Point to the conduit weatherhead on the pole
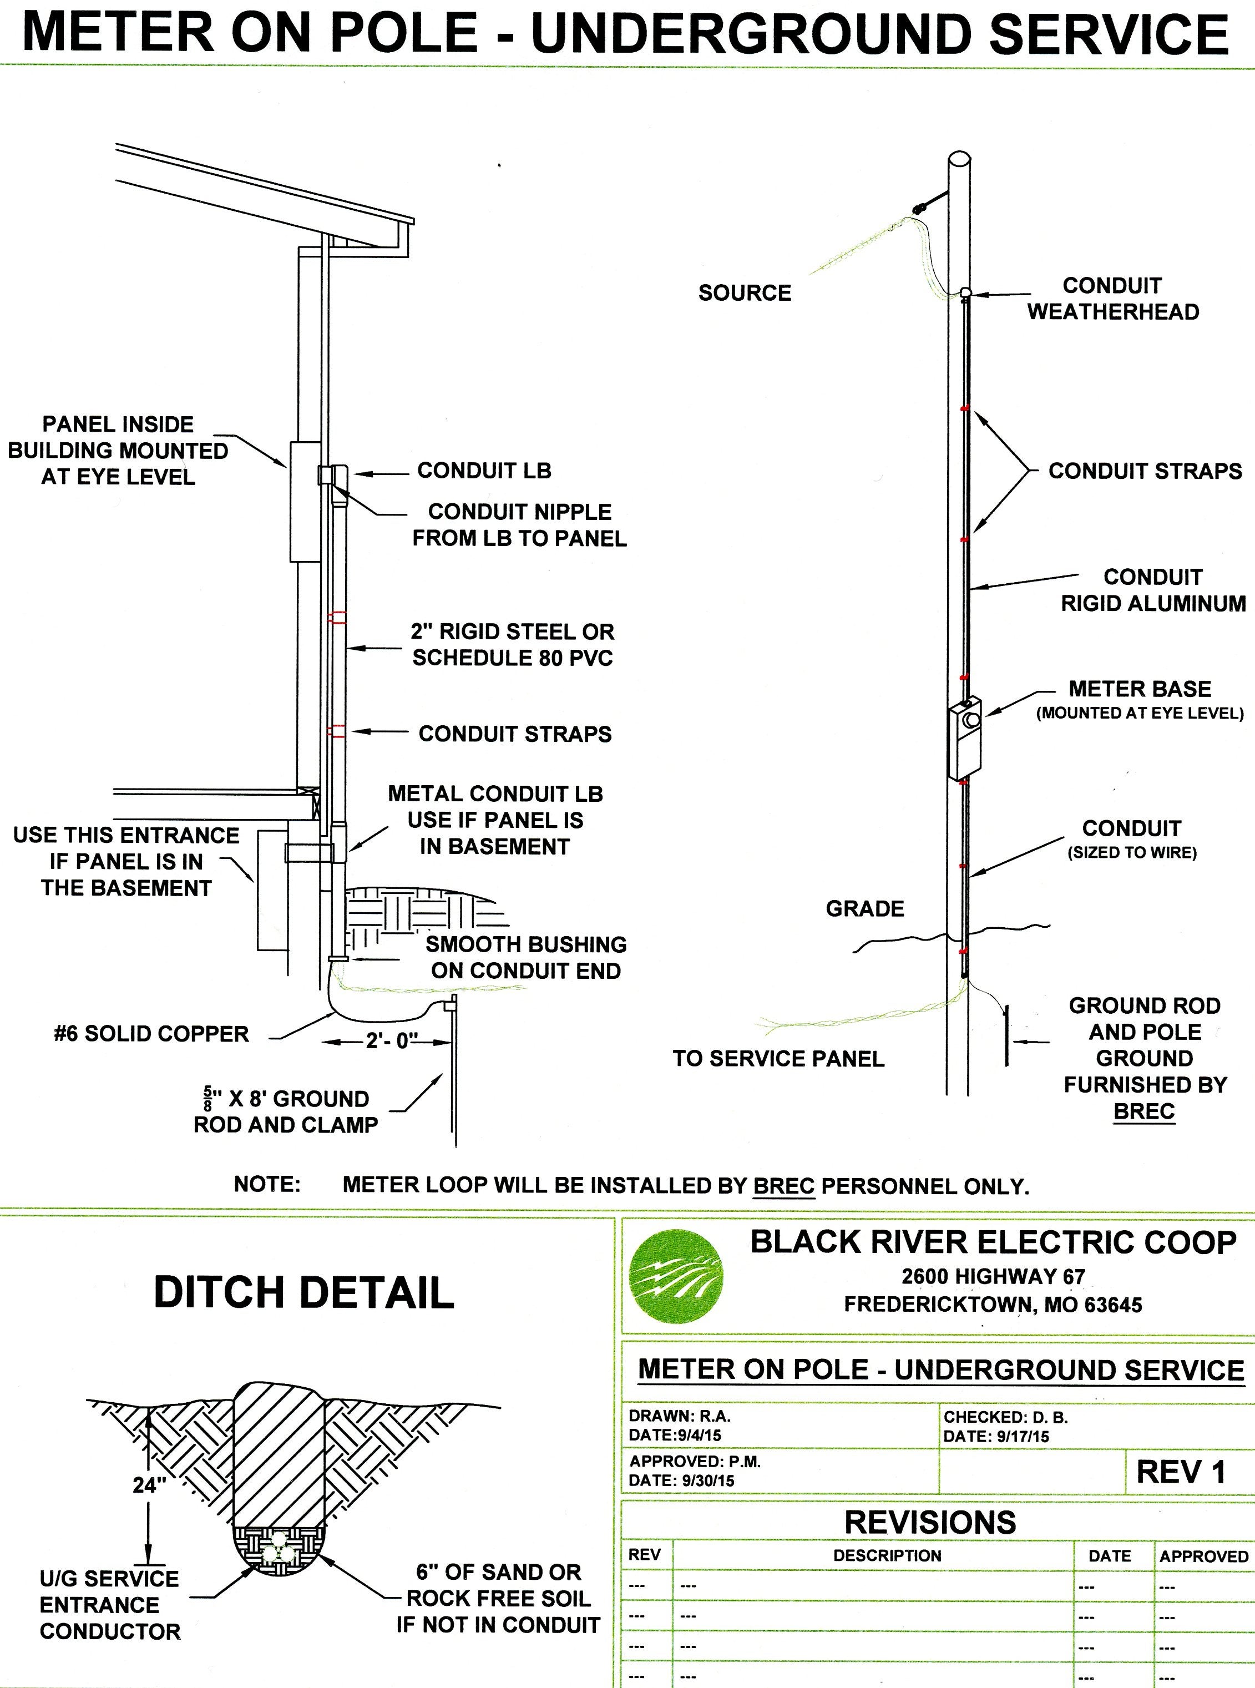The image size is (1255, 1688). coord(965,292)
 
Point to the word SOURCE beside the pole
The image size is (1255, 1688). coord(745,293)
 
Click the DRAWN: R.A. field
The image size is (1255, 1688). coord(679,1417)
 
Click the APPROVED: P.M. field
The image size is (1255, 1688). coord(694,1462)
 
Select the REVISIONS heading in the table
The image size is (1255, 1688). coord(930,1523)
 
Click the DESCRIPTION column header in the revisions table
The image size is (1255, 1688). coord(887,1556)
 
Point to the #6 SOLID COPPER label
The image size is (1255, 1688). coord(151,1034)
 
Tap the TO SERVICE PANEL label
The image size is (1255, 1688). coord(778,1059)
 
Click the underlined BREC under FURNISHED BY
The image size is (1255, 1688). coord(1143,1111)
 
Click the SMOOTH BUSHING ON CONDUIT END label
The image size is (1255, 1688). coord(526,957)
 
